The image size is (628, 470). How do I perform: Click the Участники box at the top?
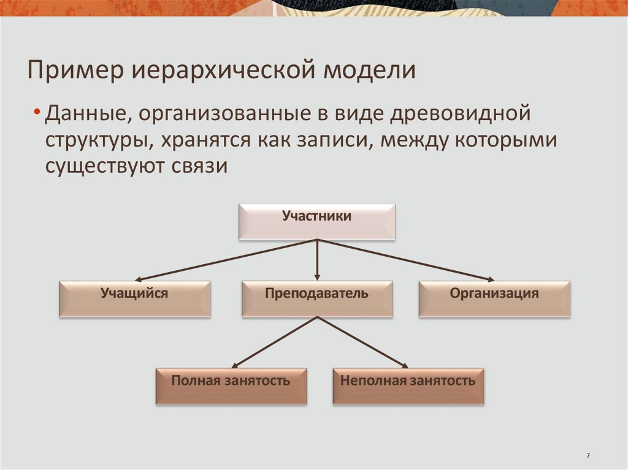316,221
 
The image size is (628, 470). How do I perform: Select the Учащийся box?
134,298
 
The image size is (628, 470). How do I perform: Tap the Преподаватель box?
316,298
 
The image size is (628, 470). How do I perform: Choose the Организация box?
494,298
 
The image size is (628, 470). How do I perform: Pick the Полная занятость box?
231,385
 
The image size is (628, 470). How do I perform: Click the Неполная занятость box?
408,385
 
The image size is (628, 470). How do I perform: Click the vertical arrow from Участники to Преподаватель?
317,260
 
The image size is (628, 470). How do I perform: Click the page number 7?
588,455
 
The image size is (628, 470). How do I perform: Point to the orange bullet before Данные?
38,115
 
